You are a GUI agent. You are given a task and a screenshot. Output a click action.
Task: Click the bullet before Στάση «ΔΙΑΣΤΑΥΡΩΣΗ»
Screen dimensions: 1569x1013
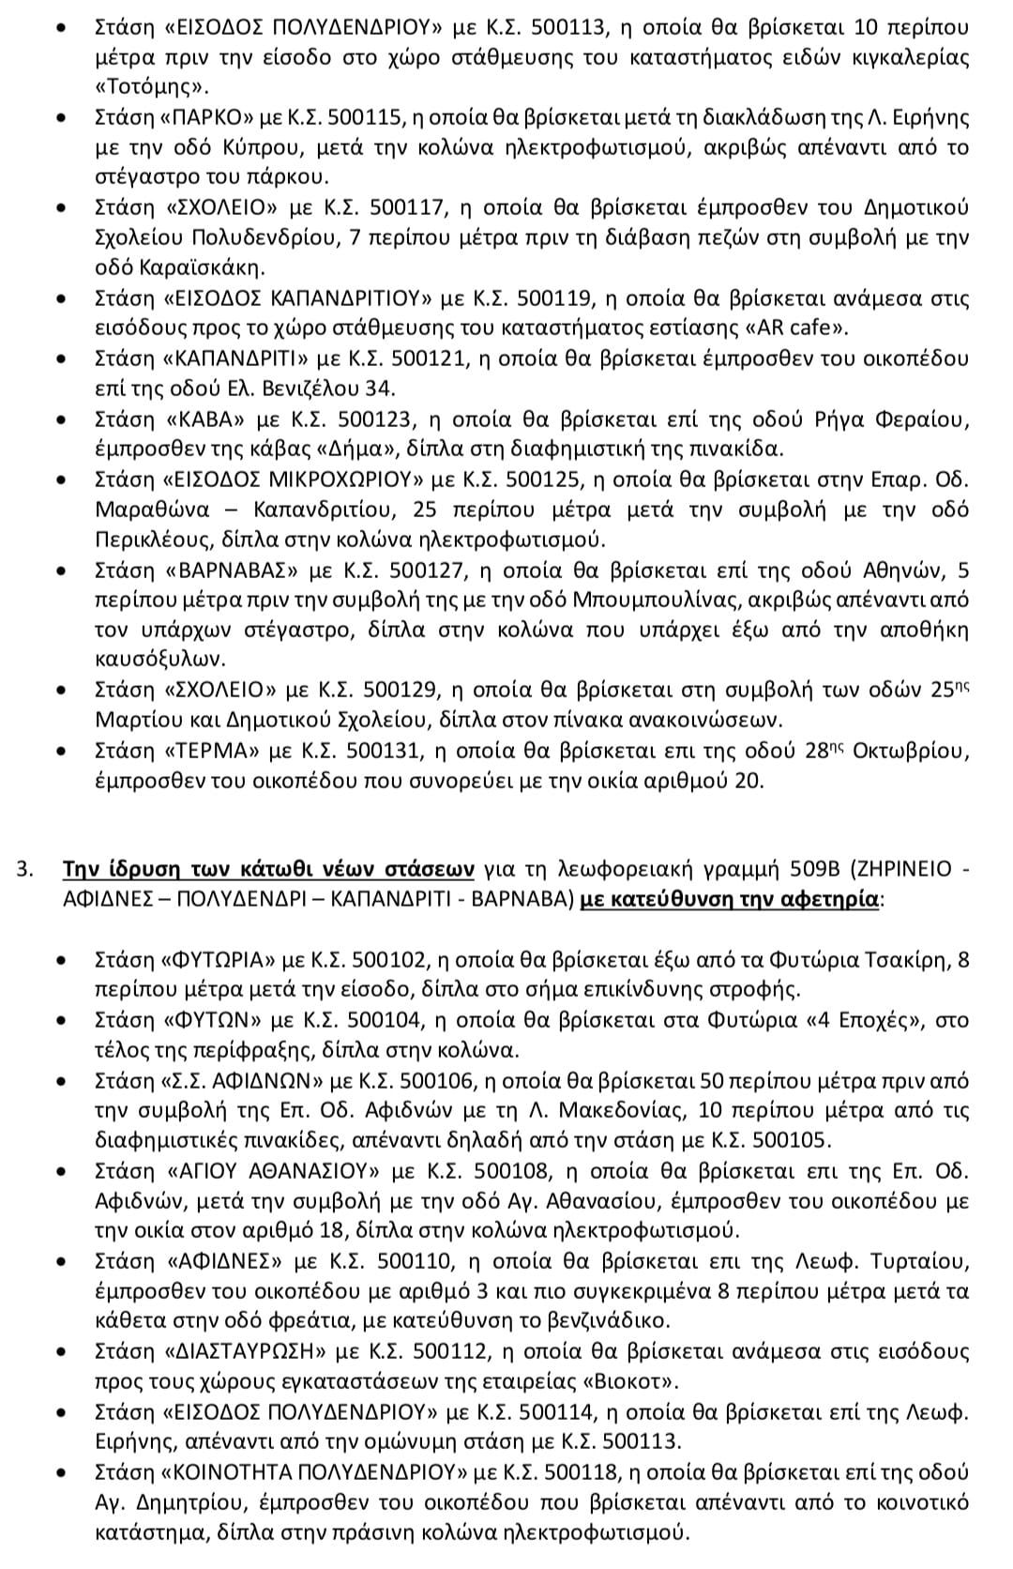coord(62,1351)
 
